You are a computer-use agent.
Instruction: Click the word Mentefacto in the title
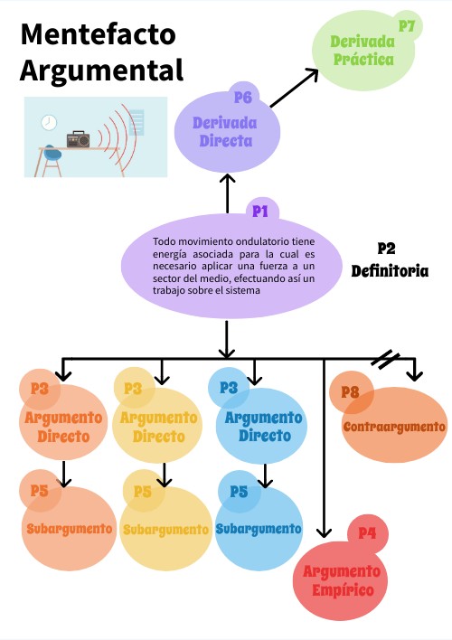98,34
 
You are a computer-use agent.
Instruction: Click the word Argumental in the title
101,71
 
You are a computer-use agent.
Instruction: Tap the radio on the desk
78,139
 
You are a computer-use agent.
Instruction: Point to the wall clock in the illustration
49,122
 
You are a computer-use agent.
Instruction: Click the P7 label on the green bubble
407,26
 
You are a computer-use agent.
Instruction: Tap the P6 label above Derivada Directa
243,98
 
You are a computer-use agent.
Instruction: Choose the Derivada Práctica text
363,51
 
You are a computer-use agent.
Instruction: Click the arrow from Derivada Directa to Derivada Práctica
294,89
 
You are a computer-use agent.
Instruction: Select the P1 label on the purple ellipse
260,211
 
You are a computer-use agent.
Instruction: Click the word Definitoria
390,271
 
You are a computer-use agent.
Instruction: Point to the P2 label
386,249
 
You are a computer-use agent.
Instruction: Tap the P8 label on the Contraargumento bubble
351,392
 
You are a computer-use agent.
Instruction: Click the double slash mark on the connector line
385,359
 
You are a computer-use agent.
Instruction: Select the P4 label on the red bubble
368,533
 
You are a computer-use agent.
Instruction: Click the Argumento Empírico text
343,580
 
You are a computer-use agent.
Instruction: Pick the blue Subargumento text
259,529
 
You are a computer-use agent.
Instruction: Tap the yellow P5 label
143,492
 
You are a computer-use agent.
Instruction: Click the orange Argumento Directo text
63,427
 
